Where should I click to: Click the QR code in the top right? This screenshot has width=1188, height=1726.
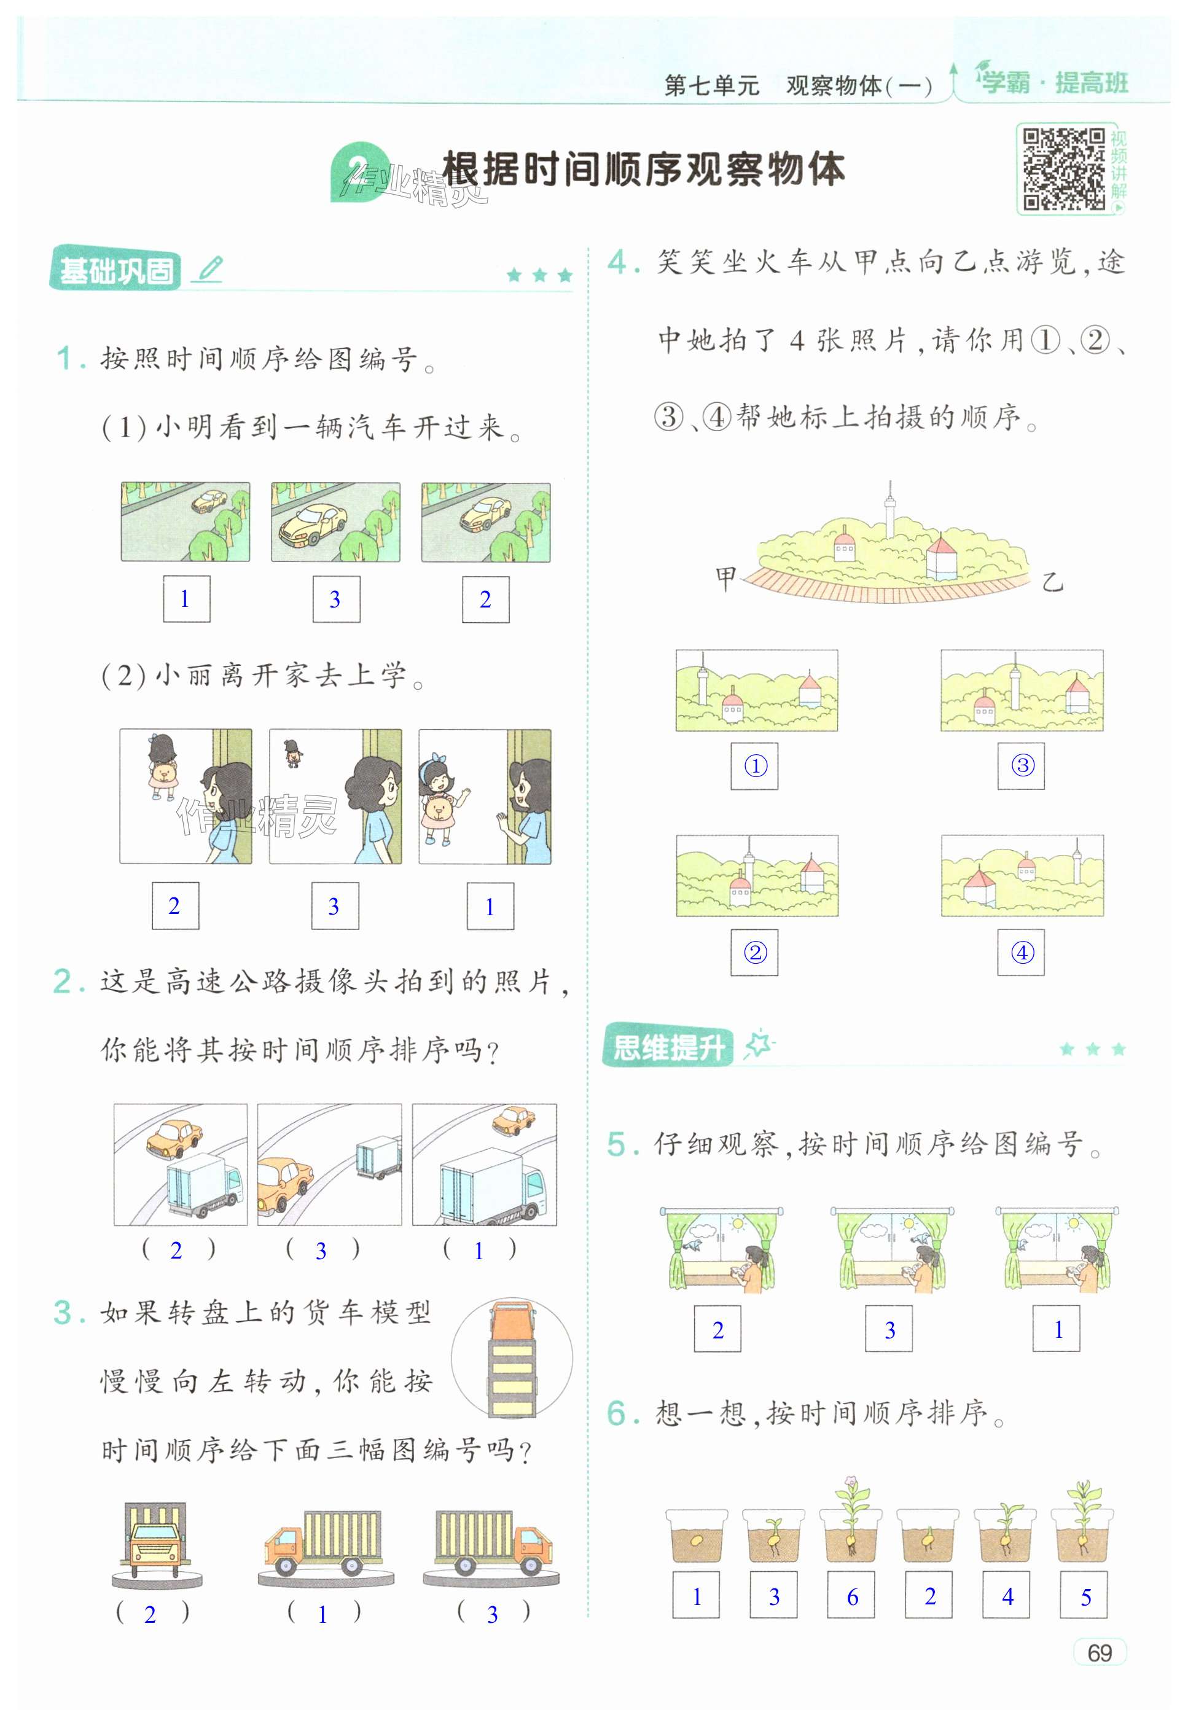click(x=1064, y=169)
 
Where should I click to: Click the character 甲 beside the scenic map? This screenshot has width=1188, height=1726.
click(x=725, y=577)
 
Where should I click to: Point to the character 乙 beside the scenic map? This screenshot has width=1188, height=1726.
click(x=1052, y=581)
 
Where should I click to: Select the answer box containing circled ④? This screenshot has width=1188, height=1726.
click(x=1022, y=952)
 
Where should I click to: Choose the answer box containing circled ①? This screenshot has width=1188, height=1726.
click(x=755, y=766)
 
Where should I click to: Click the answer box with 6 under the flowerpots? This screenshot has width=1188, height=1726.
click(x=851, y=1596)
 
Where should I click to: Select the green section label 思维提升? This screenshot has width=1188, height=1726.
click(x=668, y=1048)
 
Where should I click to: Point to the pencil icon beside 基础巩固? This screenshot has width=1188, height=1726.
click(x=208, y=268)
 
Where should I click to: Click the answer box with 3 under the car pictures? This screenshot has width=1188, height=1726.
click(x=336, y=599)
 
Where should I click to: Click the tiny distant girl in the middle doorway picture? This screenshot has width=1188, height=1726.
click(x=292, y=753)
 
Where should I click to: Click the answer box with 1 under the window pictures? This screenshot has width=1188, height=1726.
click(x=1057, y=1329)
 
